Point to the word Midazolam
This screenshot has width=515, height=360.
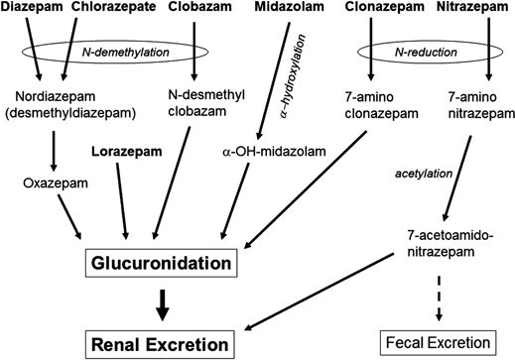click(x=288, y=9)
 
